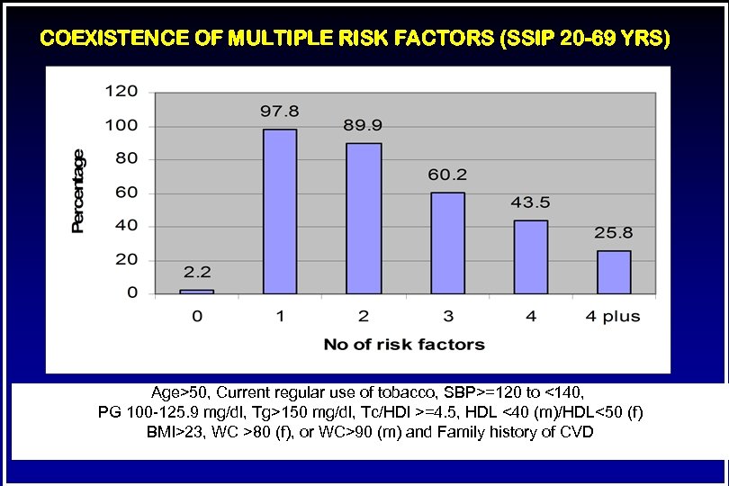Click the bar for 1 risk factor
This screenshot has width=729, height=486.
coord(280,211)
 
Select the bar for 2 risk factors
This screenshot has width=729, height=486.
coord(363,218)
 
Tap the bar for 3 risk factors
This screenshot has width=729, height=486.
coord(446,243)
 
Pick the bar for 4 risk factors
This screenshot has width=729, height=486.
coord(530,256)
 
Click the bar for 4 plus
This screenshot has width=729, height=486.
coord(614,272)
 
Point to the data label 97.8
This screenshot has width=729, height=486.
coord(280,112)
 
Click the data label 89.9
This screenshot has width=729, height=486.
coord(363,125)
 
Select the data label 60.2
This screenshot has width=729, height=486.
coord(446,175)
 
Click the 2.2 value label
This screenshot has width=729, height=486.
coord(197,271)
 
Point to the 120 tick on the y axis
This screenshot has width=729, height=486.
coord(122,92)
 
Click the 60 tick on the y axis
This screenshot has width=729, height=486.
coord(126,193)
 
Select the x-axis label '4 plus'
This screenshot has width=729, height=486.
coord(614,317)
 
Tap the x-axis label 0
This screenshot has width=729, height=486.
coord(197,317)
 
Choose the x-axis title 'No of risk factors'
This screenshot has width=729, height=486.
coord(404,344)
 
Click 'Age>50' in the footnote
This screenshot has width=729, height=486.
coord(180,392)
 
